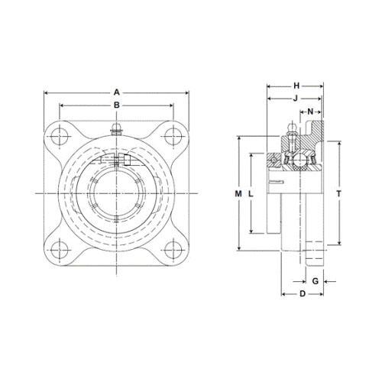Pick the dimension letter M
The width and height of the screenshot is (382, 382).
(x=238, y=195)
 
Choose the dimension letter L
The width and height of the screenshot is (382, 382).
(x=251, y=195)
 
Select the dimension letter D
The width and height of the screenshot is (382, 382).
(x=302, y=294)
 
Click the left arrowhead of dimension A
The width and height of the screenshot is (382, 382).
(x=47, y=92)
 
